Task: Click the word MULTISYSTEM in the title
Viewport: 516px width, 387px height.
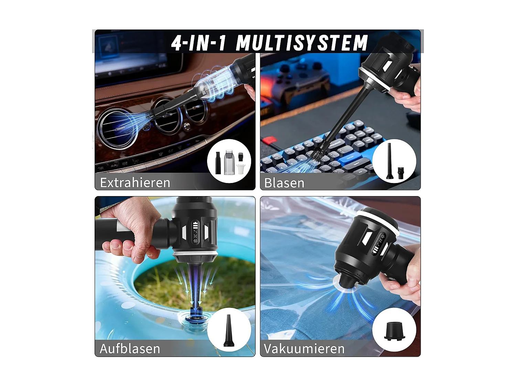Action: (x=302, y=43)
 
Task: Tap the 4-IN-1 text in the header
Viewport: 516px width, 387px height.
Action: (x=199, y=43)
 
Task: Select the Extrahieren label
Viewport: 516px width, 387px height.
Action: (x=135, y=182)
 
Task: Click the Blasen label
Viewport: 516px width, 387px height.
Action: (x=284, y=183)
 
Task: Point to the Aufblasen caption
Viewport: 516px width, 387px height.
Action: (x=130, y=348)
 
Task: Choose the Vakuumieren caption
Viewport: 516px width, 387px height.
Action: (x=304, y=348)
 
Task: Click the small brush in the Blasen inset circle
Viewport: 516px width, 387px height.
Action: (x=401, y=173)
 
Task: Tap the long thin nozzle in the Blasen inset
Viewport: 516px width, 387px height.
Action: (x=389, y=161)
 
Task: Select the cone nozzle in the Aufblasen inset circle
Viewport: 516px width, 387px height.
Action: (x=228, y=331)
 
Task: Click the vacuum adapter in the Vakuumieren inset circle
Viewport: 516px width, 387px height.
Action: (x=394, y=331)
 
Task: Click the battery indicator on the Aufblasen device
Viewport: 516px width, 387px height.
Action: (x=196, y=226)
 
